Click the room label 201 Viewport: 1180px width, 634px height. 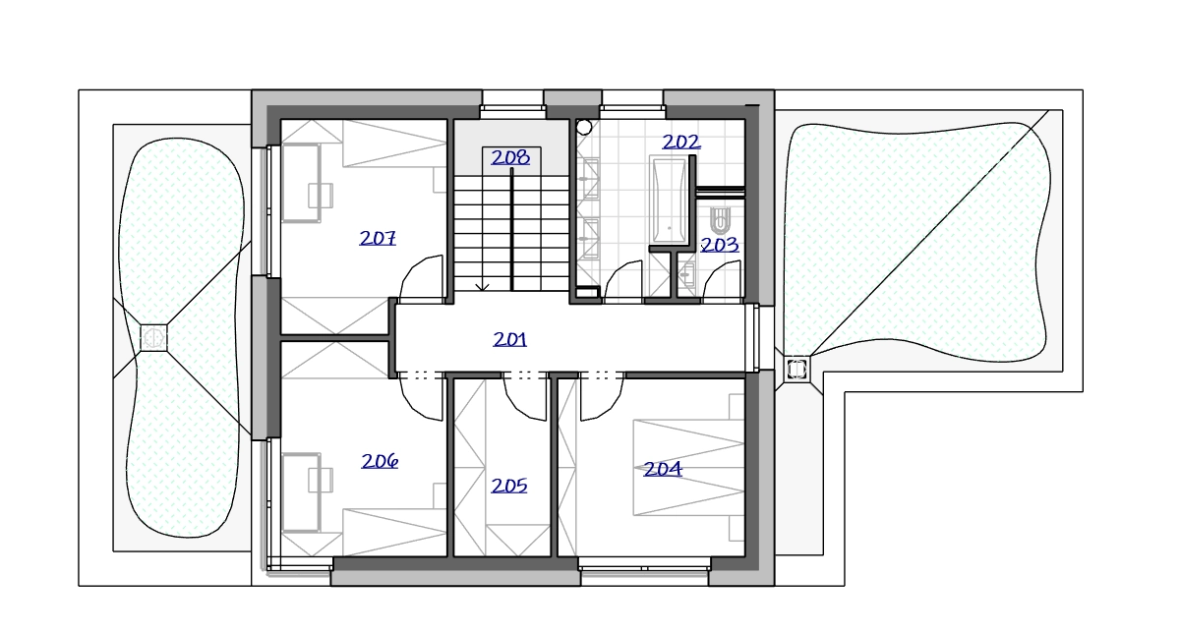pos(510,340)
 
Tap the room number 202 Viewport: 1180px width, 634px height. pos(681,142)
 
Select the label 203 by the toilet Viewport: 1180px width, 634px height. pos(720,245)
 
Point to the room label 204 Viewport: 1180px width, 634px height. pos(663,469)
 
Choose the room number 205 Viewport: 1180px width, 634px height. pos(509,486)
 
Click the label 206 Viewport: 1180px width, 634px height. pos(380,461)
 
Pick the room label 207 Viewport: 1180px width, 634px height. pos(378,238)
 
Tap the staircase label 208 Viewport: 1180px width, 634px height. pos(510,157)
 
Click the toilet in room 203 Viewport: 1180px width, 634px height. pos(720,220)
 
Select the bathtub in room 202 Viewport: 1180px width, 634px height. pos(670,201)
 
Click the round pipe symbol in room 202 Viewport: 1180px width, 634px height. pos(584,127)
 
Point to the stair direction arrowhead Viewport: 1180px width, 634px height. pos(482,287)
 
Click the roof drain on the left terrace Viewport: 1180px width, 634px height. pos(153,337)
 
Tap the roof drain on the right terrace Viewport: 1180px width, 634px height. pos(796,369)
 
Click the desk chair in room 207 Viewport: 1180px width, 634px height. pos(321,196)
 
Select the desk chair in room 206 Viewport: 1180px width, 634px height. pos(321,480)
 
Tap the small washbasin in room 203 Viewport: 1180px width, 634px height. pos(686,274)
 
